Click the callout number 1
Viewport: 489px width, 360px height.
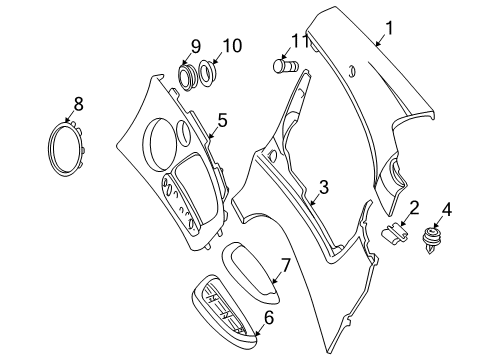(x=390, y=29)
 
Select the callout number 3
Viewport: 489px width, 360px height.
(x=323, y=186)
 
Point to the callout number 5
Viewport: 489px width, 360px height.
(x=222, y=121)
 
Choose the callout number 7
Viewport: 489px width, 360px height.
(x=285, y=266)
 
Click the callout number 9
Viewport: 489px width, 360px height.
(x=196, y=46)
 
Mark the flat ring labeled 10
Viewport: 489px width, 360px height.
(x=209, y=74)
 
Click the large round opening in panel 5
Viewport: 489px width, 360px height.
(x=158, y=140)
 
